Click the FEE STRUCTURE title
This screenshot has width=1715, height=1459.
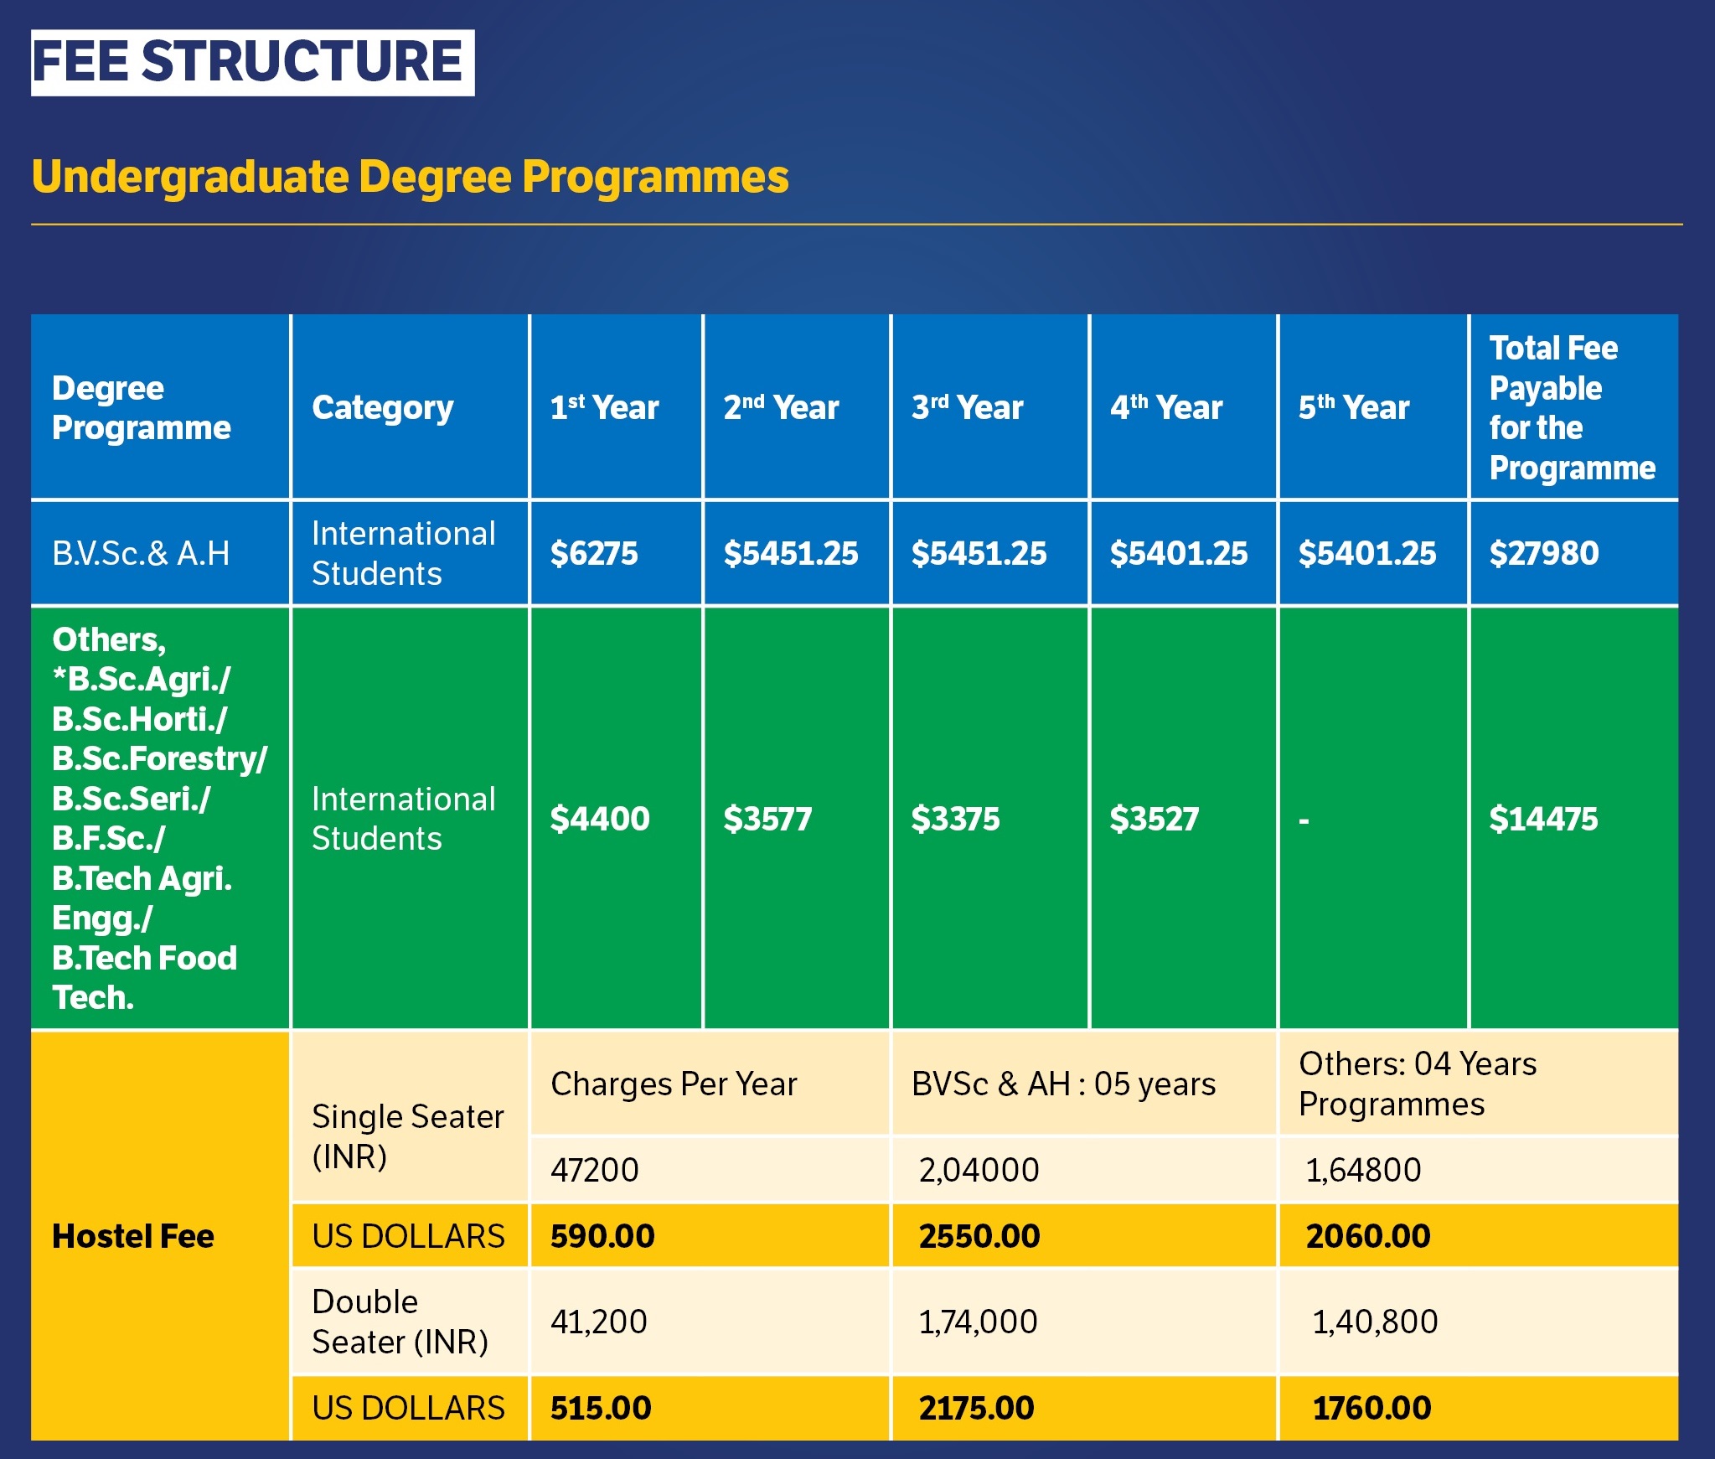(x=252, y=62)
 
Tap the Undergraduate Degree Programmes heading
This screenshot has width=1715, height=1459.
(x=410, y=177)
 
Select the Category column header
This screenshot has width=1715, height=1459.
(x=382, y=408)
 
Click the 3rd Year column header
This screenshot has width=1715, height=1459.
(x=967, y=408)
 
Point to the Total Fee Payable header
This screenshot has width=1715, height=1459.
(x=1572, y=408)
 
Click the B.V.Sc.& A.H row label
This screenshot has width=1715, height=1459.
(x=141, y=553)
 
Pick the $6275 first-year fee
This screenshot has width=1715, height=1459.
(x=593, y=553)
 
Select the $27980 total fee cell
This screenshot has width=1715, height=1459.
(x=1543, y=553)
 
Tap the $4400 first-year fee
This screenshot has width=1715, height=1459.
(x=599, y=819)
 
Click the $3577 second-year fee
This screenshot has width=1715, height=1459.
(x=767, y=819)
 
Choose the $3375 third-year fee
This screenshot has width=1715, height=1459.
(x=955, y=819)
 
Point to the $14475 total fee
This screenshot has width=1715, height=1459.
(x=1543, y=819)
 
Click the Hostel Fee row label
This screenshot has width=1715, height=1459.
(x=133, y=1236)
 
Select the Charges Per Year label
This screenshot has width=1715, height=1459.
(x=674, y=1084)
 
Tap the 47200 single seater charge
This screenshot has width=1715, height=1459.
(x=594, y=1170)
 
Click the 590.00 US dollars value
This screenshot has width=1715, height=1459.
(x=602, y=1236)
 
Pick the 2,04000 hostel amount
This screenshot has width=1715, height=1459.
(x=979, y=1170)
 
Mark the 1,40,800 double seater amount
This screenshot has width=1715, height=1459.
(x=1374, y=1322)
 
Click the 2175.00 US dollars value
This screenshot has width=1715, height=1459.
(x=976, y=1408)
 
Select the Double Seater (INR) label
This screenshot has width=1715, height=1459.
(x=400, y=1322)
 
